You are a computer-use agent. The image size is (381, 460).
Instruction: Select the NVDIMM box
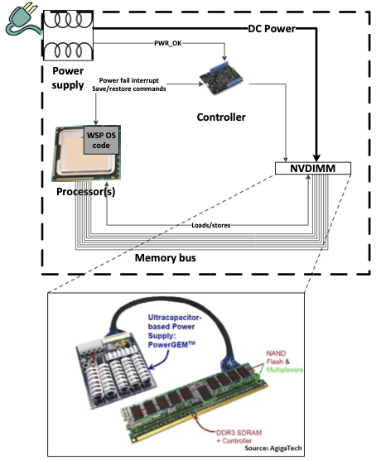click(312, 169)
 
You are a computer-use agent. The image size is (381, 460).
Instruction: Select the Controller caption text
click(220, 117)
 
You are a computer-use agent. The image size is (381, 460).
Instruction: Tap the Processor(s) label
click(85, 193)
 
